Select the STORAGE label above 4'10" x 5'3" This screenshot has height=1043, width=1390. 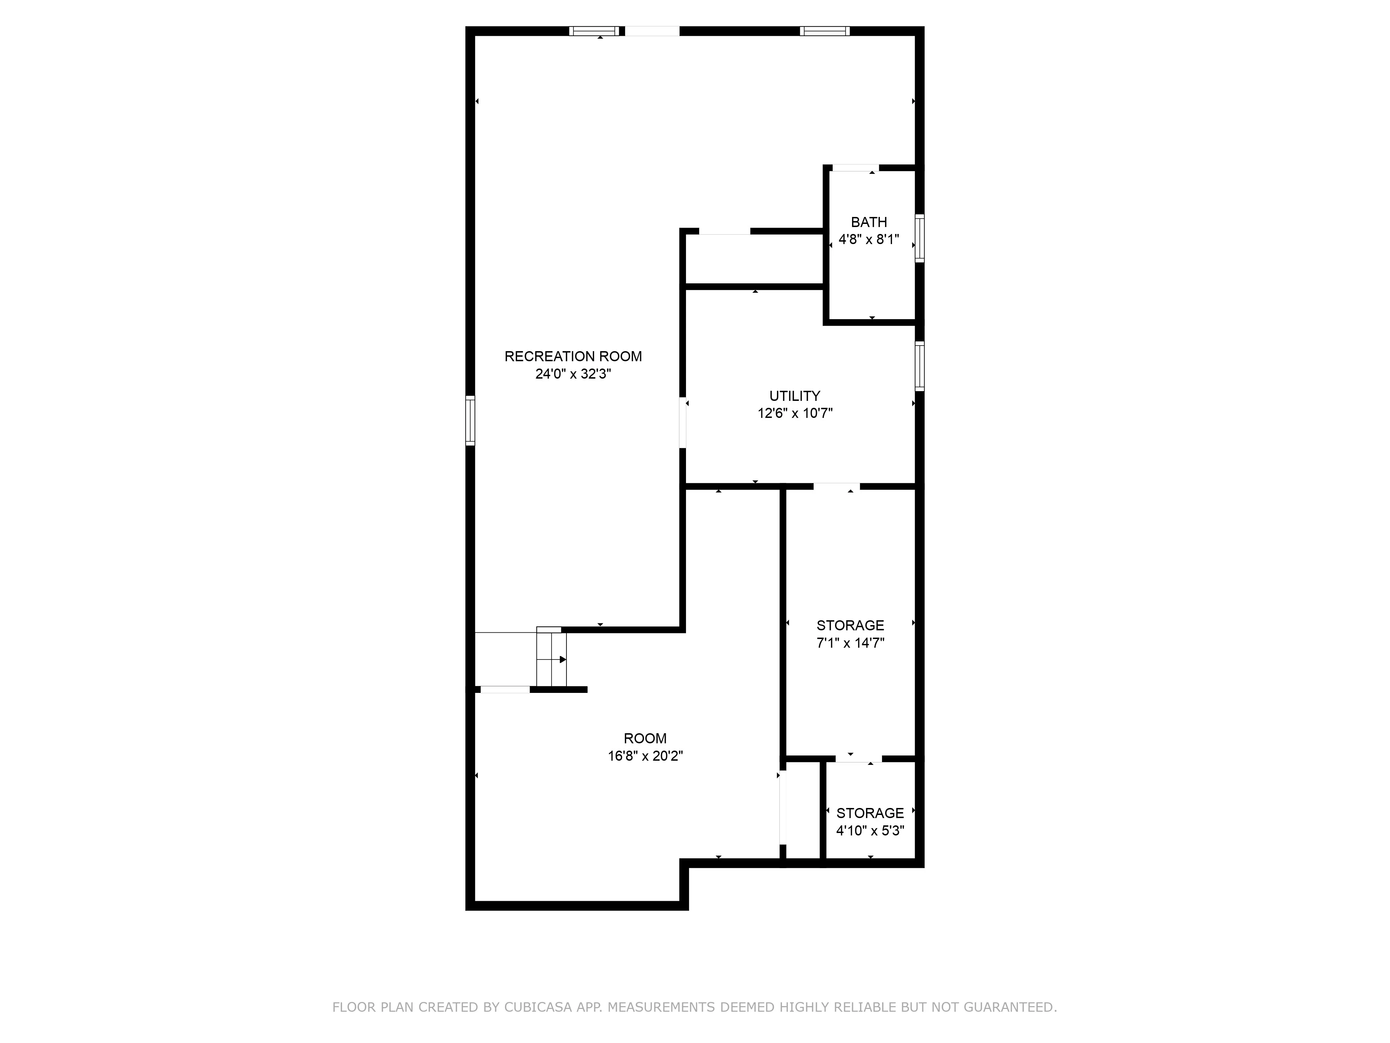[870, 813]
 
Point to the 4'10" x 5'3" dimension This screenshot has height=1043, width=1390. [870, 831]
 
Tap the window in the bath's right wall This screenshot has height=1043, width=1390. [919, 238]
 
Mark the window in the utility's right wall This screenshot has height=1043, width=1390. [919, 366]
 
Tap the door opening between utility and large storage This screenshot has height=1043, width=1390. [836, 486]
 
